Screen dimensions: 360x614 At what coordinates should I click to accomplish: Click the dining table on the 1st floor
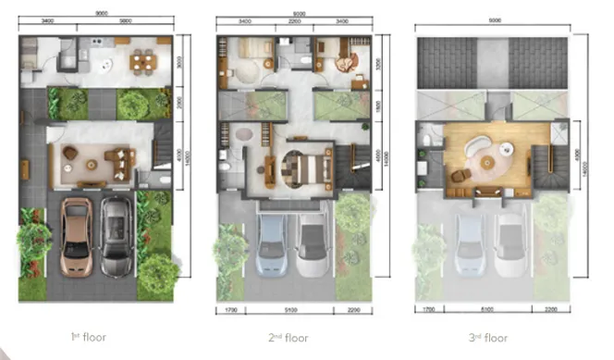(141, 62)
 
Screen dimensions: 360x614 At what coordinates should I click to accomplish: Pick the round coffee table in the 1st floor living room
(92, 164)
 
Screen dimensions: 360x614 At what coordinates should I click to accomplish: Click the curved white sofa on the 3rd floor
(475, 148)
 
